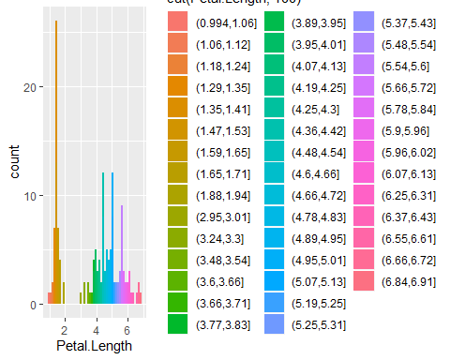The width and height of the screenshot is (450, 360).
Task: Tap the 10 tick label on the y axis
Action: pos(29,196)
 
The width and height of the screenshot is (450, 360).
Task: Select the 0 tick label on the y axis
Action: pos(32,305)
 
